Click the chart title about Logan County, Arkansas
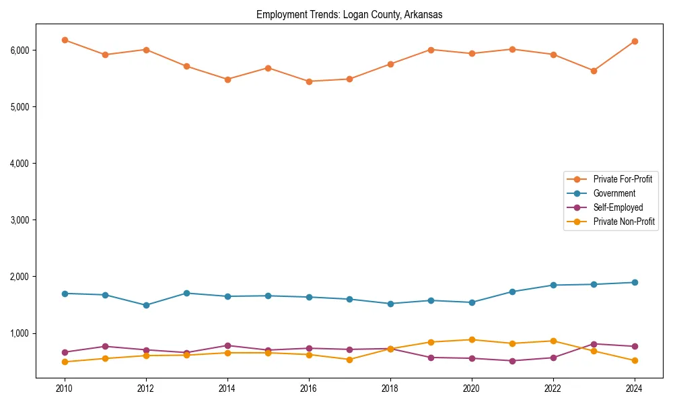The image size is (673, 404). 349,15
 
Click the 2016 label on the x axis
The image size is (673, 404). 308,389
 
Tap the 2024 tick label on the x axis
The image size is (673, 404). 633,389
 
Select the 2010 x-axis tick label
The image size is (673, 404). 65,389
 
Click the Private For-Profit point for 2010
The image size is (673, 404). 65,40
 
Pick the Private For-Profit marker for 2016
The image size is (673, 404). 308,81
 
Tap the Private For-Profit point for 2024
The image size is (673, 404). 633,41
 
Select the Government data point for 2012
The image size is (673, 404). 146,305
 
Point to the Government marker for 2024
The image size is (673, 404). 633,282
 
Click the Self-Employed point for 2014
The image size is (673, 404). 227,345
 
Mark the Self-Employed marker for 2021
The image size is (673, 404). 511,361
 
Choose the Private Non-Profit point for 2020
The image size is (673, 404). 471,339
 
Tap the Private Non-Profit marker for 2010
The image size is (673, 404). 65,362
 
